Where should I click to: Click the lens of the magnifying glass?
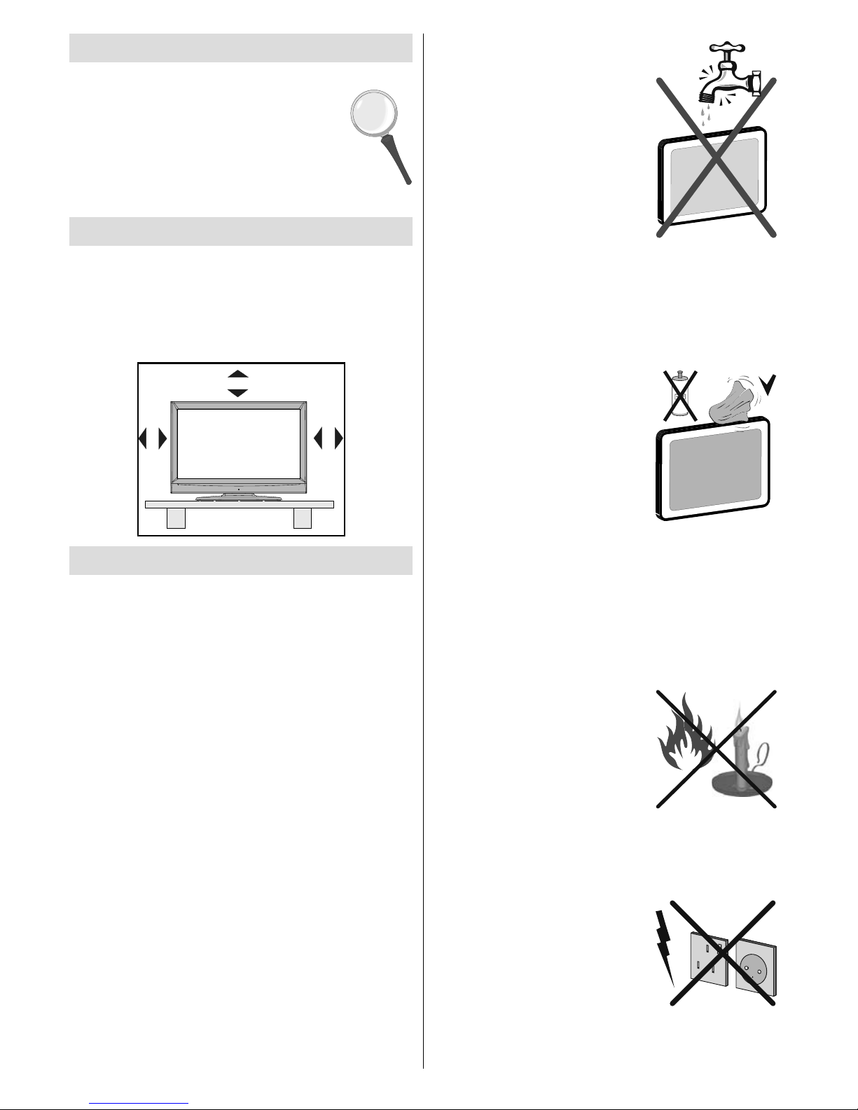click(373, 115)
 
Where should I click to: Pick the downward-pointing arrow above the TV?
click(238, 394)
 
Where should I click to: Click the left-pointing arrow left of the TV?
click(143, 439)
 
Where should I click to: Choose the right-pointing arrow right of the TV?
click(339, 439)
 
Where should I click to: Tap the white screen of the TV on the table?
click(237, 443)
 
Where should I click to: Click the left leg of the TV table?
click(176, 518)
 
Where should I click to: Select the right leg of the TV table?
click(303, 518)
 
